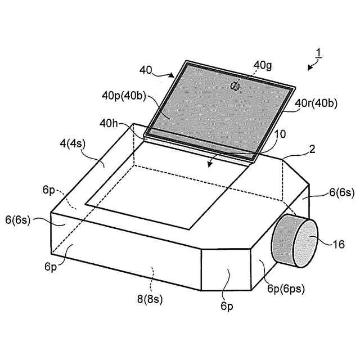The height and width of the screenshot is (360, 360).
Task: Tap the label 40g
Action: (x=262, y=65)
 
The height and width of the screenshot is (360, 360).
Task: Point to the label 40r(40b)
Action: (x=316, y=103)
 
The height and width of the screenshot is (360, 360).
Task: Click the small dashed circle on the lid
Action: (x=235, y=85)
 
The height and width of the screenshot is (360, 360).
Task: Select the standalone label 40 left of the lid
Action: (x=146, y=70)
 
